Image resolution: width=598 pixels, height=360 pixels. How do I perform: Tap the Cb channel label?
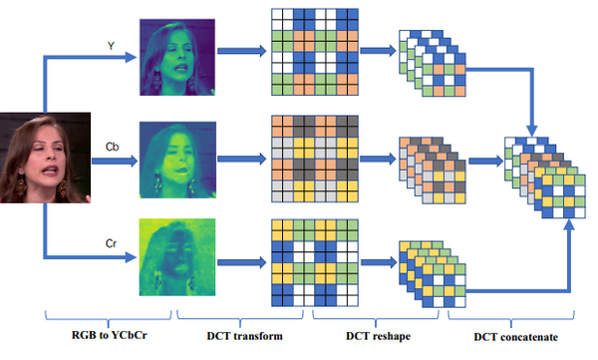112,147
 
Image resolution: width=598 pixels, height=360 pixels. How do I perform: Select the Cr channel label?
112,242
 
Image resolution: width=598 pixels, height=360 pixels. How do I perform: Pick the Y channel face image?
176,55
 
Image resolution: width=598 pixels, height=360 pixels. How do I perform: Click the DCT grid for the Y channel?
313,55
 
